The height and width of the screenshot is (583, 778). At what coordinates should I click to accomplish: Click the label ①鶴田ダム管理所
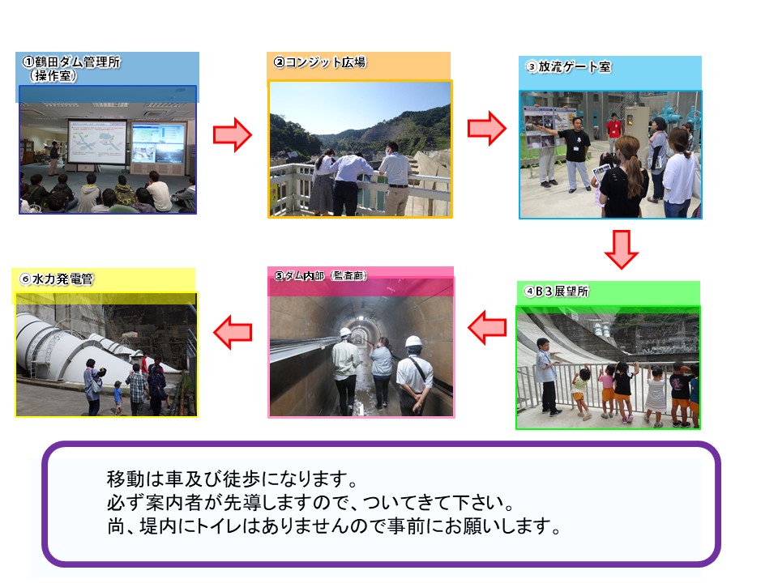click(x=71, y=62)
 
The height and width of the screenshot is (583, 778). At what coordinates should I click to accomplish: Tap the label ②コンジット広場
click(x=320, y=62)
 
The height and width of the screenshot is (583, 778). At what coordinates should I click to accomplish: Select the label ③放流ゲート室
click(x=569, y=66)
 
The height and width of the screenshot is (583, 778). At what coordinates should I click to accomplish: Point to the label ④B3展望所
click(x=557, y=291)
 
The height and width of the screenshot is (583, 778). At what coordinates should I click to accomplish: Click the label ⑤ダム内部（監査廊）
click(x=321, y=275)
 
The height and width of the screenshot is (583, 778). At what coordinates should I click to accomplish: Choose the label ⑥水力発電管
click(x=57, y=279)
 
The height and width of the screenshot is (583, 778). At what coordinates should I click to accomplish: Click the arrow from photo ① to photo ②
click(x=233, y=134)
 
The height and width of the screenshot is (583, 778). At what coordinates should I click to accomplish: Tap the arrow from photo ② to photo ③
click(x=487, y=129)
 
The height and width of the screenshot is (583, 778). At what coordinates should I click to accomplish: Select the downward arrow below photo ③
click(x=622, y=249)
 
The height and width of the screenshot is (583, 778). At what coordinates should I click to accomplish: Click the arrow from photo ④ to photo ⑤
click(x=487, y=328)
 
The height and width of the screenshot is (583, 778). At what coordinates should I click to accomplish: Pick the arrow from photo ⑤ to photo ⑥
click(x=233, y=332)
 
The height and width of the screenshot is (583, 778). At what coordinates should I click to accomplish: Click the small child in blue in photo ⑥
click(x=118, y=397)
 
